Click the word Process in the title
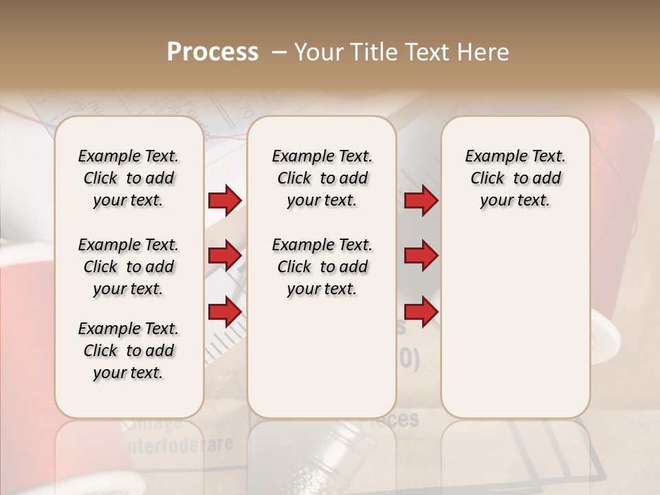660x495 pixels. [212, 52]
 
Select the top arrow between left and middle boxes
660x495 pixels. [225, 200]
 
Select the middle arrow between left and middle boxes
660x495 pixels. [225, 256]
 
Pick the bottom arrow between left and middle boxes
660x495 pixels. [225, 312]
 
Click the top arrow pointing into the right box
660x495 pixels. [421, 200]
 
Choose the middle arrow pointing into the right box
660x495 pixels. [421, 256]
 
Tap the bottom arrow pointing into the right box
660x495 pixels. [421, 312]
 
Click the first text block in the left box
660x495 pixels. [129, 178]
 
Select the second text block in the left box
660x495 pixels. [129, 267]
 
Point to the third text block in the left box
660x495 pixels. [129, 351]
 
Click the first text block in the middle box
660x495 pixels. [322, 178]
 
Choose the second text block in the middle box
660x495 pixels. [322, 267]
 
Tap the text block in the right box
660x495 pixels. [515, 178]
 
